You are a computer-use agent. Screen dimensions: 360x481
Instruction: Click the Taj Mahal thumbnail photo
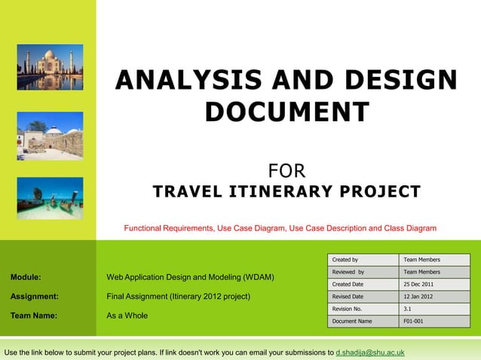[50, 69]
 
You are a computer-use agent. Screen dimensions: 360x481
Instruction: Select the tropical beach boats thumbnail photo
[50, 197]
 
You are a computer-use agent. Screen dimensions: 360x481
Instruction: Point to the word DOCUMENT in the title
[286, 112]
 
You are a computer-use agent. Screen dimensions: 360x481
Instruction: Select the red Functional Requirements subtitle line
[280, 227]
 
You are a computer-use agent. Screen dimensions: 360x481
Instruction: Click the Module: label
[26, 277]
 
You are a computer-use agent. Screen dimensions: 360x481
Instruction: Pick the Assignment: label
[34, 297]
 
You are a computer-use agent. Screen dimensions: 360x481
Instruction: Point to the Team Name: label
[33, 316]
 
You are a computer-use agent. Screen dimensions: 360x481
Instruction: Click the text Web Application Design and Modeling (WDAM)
[190, 277]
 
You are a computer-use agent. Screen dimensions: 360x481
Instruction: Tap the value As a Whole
[127, 316]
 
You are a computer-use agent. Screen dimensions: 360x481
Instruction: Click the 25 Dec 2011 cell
[434, 285]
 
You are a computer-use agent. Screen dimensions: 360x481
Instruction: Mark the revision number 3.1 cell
[434, 310]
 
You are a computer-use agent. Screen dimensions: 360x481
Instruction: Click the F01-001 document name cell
[434, 322]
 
